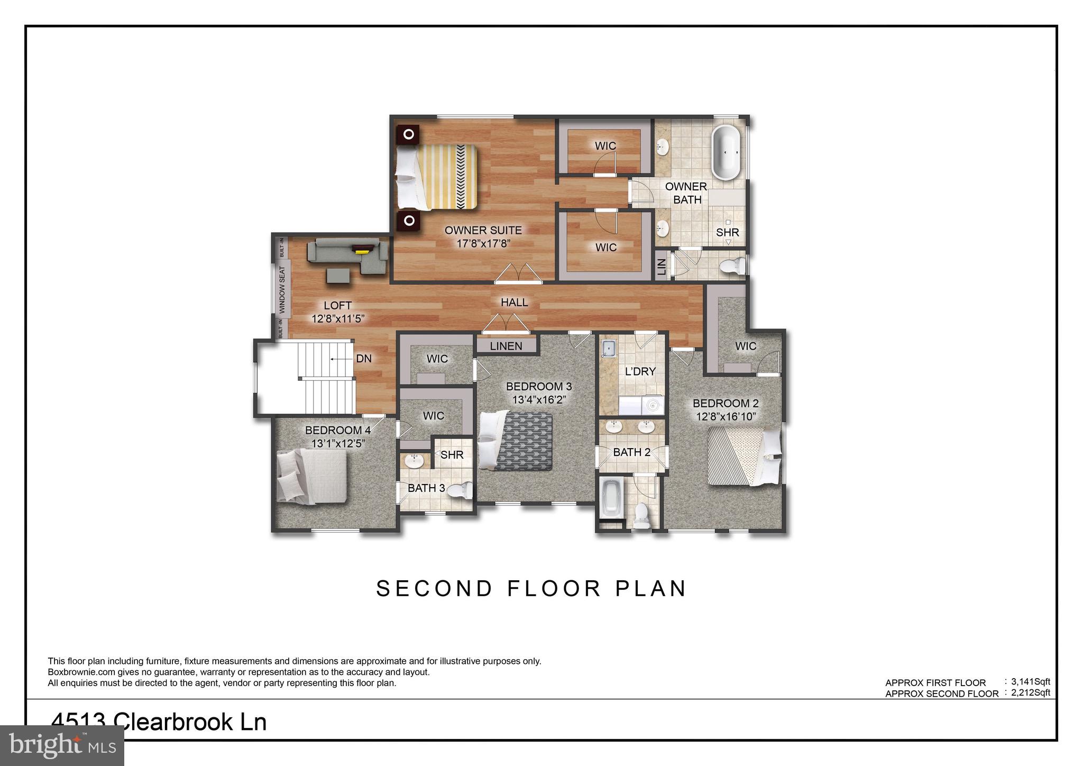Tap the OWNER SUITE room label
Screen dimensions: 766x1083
coord(483,230)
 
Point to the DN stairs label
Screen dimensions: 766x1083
coord(364,359)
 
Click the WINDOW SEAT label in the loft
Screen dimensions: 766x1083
coord(282,290)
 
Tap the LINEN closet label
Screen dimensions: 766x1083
coord(506,346)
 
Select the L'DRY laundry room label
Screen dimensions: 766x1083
coord(640,371)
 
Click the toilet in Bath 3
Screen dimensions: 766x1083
coord(460,491)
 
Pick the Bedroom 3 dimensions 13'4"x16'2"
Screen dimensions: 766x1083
coord(539,400)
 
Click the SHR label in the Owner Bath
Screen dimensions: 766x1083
coord(727,232)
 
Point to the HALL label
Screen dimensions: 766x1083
coord(514,302)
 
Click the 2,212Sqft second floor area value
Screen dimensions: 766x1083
coord(1030,692)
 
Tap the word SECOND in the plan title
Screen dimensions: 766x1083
coord(434,588)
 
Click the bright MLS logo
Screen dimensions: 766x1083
coord(62,745)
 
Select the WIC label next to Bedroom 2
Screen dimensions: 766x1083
coord(745,346)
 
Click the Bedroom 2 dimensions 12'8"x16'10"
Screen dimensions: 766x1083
coord(726,417)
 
